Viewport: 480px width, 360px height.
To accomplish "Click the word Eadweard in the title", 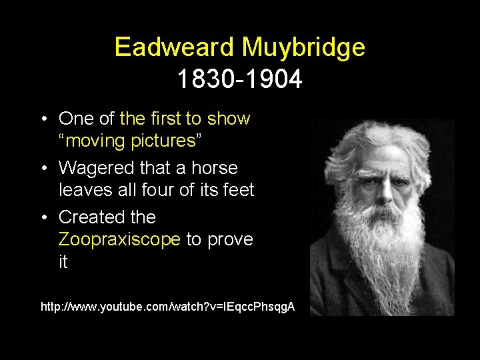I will tap(174, 47).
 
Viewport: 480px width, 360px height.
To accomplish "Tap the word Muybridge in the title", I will tap(303, 47).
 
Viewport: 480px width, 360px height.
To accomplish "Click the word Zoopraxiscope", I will tap(119, 239).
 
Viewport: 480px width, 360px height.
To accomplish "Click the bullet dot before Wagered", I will tap(43, 169).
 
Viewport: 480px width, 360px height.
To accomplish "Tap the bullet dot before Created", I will tap(43, 218).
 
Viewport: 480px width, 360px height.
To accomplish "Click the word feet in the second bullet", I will tap(237, 191).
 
